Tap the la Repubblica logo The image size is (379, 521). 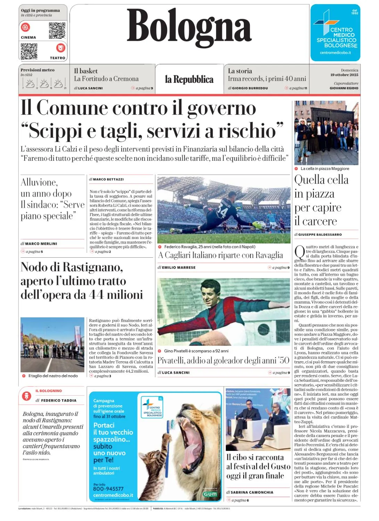pos(189,80)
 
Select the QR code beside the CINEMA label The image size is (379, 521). pos(57,31)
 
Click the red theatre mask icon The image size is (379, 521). pos(60,47)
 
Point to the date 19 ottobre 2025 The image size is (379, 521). pos(344,75)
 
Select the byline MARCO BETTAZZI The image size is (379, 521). pos(108,179)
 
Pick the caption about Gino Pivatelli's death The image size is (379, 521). pos(196,351)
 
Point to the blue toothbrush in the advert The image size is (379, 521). pos(169,431)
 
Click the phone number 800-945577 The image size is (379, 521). pos(108,489)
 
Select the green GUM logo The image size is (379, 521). pos(210,494)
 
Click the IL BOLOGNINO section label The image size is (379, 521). pos(48,391)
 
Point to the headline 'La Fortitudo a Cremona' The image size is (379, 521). pos(106,79)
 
